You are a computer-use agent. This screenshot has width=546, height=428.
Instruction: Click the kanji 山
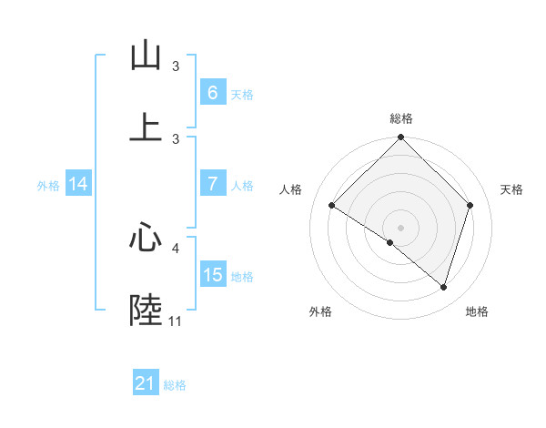[146, 57]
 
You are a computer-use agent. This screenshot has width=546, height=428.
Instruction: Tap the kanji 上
[146, 127]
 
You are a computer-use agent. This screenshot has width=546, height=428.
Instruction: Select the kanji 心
[146, 239]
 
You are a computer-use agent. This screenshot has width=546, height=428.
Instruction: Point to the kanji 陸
[146, 310]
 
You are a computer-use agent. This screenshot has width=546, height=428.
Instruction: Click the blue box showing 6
[212, 92]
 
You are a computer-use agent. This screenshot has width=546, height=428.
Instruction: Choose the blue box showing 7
[212, 184]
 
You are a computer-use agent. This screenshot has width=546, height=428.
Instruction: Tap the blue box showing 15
[212, 275]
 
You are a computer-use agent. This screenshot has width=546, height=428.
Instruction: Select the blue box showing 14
[77, 184]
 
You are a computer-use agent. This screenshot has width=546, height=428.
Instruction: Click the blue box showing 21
[145, 383]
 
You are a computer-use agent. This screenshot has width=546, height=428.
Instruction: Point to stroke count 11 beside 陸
[175, 321]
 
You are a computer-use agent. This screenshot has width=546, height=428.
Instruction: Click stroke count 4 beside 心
[176, 247]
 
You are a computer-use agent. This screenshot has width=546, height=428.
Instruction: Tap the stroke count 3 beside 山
[176, 66]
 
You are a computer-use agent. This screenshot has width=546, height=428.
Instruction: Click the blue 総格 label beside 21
[175, 385]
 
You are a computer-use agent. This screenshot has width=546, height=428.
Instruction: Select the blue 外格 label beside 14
[48, 185]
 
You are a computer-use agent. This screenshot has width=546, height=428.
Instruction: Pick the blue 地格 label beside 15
[242, 277]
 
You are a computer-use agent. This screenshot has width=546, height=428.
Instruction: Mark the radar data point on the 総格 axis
[400, 138]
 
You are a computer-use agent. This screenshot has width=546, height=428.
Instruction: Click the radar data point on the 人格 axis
[332, 206]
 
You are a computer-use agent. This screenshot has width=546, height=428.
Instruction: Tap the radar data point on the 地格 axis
[443, 287]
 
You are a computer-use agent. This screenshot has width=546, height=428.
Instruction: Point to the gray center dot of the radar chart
[400, 227]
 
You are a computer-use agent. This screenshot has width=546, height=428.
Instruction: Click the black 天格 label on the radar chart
[511, 189]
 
